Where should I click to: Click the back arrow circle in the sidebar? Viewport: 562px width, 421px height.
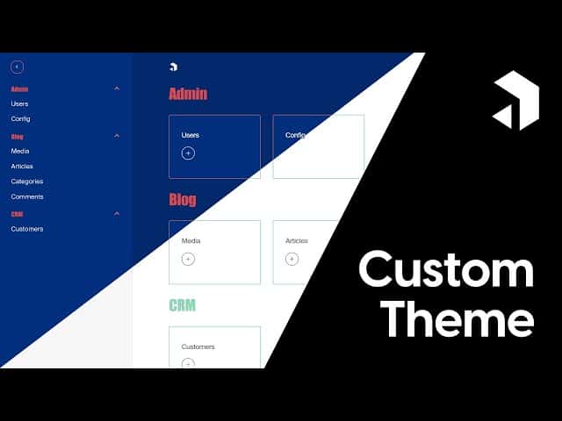point(17,67)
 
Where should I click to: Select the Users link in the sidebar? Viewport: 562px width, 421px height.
point(19,103)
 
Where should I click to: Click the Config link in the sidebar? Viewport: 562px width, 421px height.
point(20,118)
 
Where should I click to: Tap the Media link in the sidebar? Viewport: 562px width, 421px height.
point(19,151)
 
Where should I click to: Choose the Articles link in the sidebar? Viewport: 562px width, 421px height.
point(22,166)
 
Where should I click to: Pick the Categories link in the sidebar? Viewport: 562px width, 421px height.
point(26,182)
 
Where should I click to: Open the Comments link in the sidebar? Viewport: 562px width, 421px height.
point(26,196)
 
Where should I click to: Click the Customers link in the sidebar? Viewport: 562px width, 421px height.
point(26,229)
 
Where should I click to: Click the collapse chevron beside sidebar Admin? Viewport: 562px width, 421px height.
point(117,89)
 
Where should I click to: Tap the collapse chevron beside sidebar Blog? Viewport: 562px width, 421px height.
point(117,136)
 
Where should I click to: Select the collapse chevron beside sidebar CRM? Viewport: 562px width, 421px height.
point(117,214)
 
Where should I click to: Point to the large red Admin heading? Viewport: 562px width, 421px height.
point(188,94)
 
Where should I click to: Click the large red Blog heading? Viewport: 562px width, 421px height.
point(183,200)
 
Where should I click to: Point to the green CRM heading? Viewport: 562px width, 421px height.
point(182,305)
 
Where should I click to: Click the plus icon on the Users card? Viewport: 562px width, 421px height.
point(188,153)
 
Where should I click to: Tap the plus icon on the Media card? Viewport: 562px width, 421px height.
point(188,259)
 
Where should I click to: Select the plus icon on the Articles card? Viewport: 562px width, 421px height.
point(292,259)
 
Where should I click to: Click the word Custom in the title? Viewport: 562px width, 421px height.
point(446,269)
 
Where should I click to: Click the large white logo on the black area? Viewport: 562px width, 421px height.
point(515,101)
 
